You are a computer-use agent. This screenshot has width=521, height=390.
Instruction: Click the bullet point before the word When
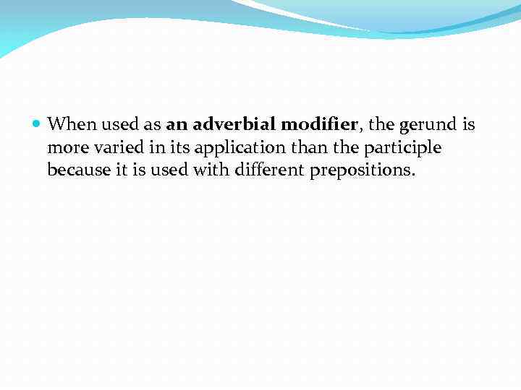38,124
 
